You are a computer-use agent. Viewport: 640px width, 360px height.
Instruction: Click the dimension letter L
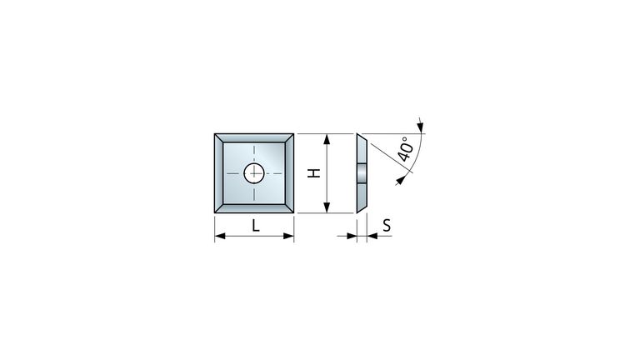(256, 225)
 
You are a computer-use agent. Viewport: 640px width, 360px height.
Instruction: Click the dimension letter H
(314, 173)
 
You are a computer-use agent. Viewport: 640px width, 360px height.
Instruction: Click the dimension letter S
(387, 225)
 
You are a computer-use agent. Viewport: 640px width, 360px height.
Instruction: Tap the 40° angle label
(406, 148)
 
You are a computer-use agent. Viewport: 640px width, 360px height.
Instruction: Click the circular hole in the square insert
(254, 173)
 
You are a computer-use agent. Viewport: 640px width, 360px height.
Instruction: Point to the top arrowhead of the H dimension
(327, 139)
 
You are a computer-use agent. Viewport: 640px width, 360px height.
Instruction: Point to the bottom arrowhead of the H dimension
(327, 207)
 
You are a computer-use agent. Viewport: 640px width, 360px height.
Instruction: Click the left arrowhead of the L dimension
(220, 236)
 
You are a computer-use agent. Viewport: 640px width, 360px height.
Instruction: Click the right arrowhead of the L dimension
(288, 236)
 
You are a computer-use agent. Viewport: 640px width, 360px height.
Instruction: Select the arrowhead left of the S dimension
(352, 236)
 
